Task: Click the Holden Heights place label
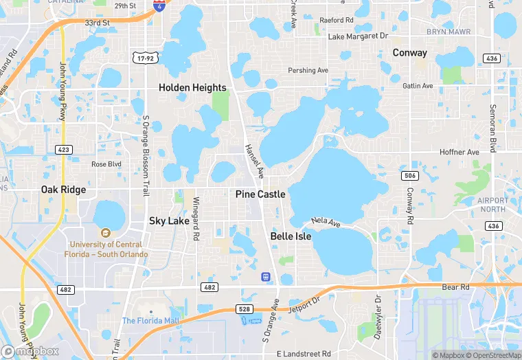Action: pos(192,88)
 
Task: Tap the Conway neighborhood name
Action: pos(409,53)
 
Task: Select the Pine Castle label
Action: pos(260,194)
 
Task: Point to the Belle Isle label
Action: pos(291,236)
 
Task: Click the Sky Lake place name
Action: pos(169,221)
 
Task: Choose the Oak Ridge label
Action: pos(63,190)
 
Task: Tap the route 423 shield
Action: pos(64,148)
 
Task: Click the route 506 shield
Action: pos(409,176)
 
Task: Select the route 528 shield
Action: pos(245,309)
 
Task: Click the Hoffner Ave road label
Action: pos(459,152)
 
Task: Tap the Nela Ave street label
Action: pos(326,222)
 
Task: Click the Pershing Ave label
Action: pos(308,71)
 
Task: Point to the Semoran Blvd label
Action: pos(492,128)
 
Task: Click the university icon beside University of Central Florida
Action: pos(104,233)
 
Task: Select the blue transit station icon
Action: pos(266,276)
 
